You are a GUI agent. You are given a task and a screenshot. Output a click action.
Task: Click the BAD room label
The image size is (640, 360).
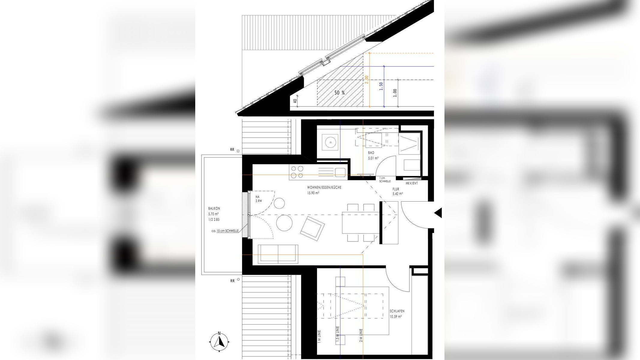[371, 153]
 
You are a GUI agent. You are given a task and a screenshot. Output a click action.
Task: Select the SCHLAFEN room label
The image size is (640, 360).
[397, 311]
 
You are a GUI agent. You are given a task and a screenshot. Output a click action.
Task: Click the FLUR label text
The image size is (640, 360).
[396, 189]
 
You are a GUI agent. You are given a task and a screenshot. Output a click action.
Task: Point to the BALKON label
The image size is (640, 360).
[214, 208]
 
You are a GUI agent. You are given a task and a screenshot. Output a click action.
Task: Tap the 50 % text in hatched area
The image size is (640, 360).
[339, 93]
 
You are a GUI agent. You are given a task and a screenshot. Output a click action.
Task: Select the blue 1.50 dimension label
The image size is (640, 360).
[381, 86]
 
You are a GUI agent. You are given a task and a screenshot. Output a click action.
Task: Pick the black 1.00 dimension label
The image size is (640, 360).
[395, 93]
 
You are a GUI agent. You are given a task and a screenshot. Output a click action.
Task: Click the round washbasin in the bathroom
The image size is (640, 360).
[330, 142]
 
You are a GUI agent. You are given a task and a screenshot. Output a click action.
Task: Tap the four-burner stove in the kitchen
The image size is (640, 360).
[296, 172]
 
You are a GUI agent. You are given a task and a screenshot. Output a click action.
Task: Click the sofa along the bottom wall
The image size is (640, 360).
[278, 254]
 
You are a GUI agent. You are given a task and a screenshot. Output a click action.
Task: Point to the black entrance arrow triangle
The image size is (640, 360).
[438, 213]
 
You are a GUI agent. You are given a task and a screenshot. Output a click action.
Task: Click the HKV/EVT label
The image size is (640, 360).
[411, 183]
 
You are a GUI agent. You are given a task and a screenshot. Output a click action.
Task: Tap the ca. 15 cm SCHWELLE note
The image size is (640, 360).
[225, 231]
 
